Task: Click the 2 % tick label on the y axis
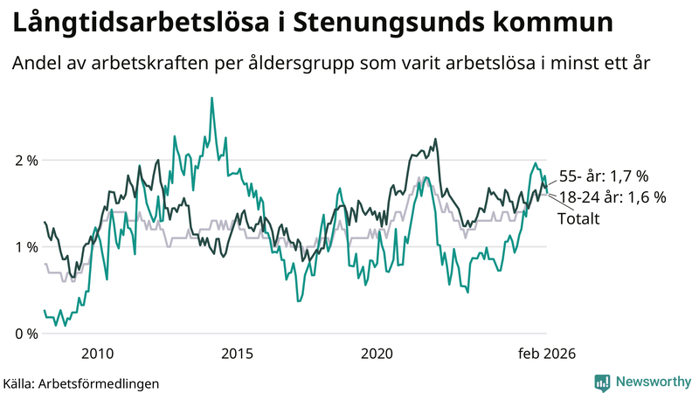coord(25,161)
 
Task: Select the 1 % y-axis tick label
coord(25,247)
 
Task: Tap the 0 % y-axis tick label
coord(25,334)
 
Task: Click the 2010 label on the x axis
coord(97,354)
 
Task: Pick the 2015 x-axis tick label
coord(237,354)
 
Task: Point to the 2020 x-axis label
coord(377,354)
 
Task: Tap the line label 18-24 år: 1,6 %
coord(612,197)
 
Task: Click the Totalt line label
coord(578,218)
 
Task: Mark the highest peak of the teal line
coord(211,98)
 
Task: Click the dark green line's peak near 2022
coord(434,139)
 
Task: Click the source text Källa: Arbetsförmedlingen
coord(80,383)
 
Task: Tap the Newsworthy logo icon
coord(602,382)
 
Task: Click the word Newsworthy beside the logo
coord(652,382)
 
